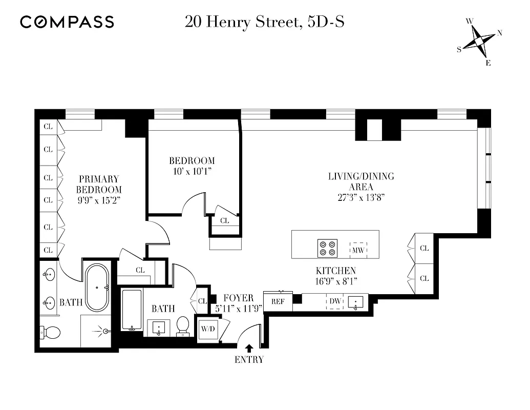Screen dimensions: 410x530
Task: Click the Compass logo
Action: pos(67,22)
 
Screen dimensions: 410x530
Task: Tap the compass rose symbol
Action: pos(480,42)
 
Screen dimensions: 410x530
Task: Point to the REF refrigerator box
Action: pos(278,301)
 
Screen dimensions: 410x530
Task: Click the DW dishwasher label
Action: pos(335,301)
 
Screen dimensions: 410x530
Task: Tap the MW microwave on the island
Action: pos(358,250)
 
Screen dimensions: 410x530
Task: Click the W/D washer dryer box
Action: pos(208,328)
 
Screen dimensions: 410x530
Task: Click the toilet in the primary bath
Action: pos(51,333)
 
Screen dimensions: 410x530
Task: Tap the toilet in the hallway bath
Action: pos(183,325)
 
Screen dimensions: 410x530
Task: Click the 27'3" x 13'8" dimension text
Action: pos(361,197)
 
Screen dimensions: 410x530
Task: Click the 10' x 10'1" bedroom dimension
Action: pos(193,171)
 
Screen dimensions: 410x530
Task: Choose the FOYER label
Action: pos(238,298)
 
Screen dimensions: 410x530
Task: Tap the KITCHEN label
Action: pos(335,271)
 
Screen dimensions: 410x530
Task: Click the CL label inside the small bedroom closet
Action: pos(224,221)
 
